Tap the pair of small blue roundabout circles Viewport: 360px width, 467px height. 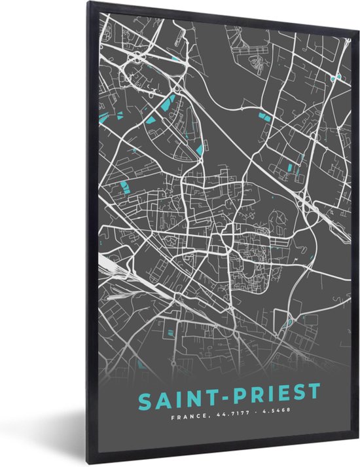(x=336, y=77)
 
